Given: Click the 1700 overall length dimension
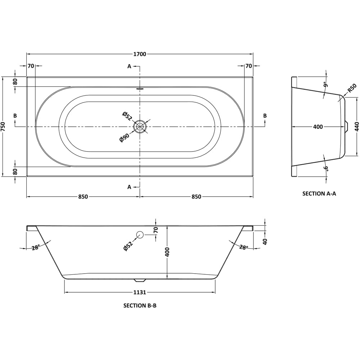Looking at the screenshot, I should click(140, 54).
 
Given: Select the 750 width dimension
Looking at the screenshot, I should click(3, 126).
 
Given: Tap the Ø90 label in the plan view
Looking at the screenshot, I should click(124, 138).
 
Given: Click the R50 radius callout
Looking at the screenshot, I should click(352, 88).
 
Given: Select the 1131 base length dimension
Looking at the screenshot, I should click(140, 292).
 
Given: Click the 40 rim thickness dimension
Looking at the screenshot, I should click(265, 241).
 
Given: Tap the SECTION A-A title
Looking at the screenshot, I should click(319, 194).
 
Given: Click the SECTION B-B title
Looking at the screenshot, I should click(140, 306).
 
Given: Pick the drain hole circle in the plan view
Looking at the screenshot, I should click(140, 127).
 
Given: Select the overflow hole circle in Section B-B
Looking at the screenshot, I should click(140, 235).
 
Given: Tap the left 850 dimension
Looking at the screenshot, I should click(83, 197).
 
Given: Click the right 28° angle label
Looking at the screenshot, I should click(244, 247).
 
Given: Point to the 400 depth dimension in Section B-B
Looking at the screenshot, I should click(167, 252).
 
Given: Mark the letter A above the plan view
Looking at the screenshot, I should click(129, 66).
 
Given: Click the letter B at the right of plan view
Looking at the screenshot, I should click(265, 116).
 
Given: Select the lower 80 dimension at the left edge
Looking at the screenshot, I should click(15, 171).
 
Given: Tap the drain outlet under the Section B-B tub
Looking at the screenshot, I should click(140, 280).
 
